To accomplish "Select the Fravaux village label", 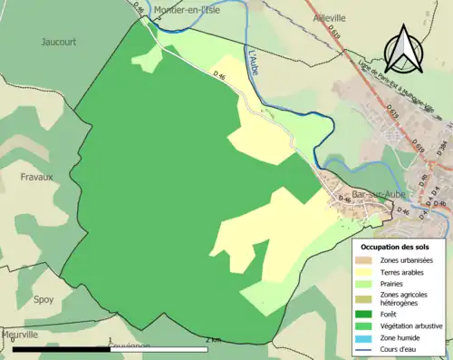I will [x=37, y=178].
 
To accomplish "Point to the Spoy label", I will [x=43, y=298].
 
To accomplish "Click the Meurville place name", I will [x=20, y=335].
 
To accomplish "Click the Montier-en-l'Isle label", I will [x=188, y=10].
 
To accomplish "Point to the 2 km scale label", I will [x=214, y=341].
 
